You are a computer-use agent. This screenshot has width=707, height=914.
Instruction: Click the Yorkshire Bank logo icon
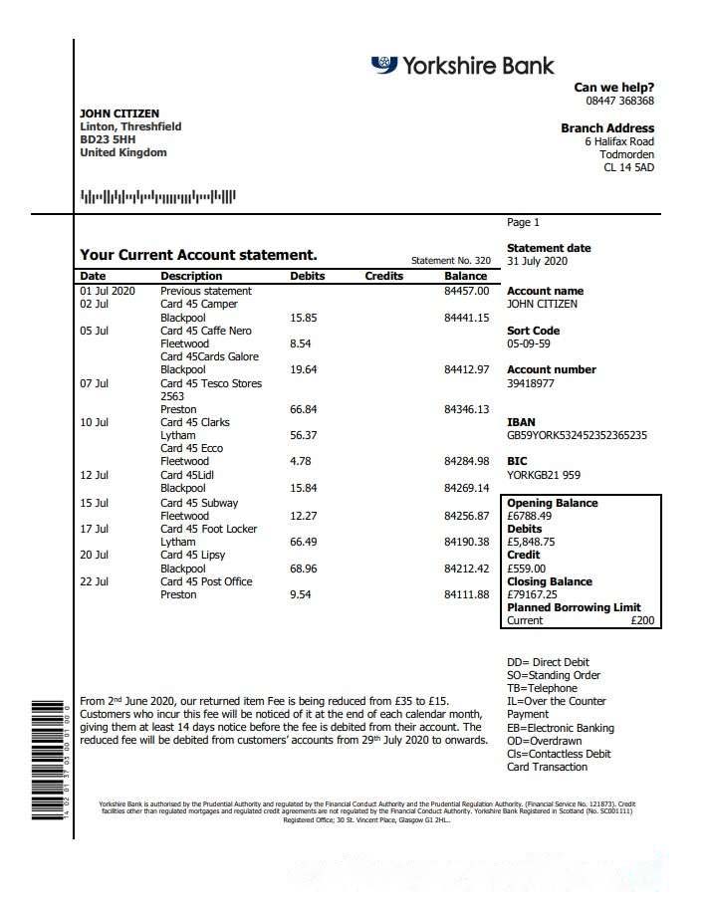click(384, 65)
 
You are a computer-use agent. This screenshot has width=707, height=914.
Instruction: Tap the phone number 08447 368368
click(619, 101)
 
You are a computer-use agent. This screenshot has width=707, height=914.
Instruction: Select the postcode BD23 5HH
click(108, 140)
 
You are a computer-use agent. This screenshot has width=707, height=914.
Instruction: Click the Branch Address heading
click(607, 128)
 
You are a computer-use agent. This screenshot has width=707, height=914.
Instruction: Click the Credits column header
click(383, 276)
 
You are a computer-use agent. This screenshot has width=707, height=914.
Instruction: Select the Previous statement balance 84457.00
click(466, 291)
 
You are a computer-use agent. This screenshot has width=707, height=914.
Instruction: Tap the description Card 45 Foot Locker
click(207, 529)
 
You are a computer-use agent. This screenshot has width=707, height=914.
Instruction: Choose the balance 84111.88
click(466, 594)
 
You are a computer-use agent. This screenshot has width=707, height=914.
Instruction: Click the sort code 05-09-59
click(529, 343)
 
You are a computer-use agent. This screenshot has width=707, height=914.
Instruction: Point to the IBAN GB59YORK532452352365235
click(577, 435)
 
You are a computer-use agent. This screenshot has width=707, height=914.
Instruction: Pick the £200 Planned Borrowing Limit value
click(643, 620)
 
